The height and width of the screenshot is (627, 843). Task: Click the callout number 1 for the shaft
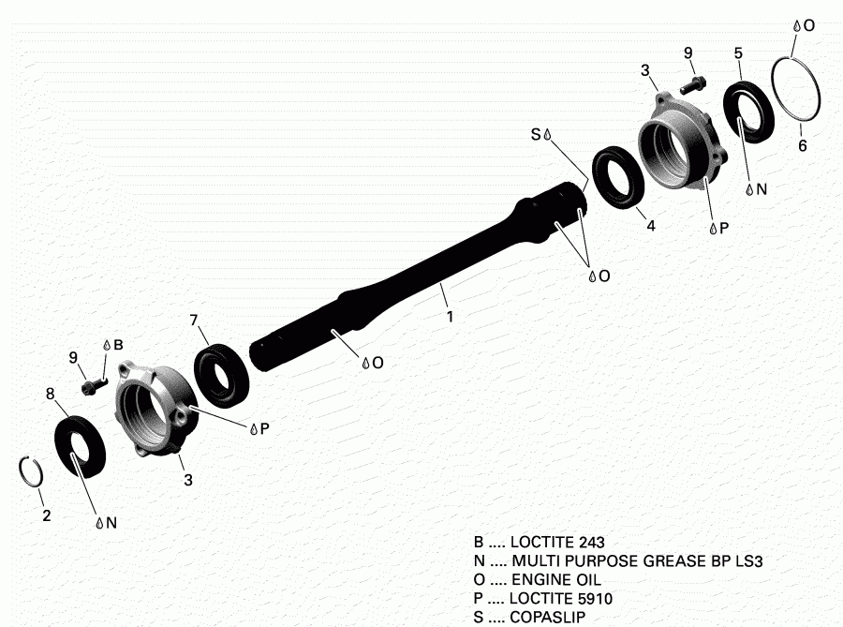[x=450, y=317]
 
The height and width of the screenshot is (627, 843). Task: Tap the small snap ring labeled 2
[x=28, y=472]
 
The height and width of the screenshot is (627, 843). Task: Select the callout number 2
[x=45, y=515]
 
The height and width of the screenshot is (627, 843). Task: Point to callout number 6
[x=802, y=146]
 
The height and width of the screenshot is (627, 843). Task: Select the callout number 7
[x=194, y=320]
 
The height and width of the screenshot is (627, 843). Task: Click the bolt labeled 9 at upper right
[x=691, y=83]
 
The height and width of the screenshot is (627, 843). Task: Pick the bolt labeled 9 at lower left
[x=93, y=383]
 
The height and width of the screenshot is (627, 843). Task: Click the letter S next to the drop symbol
[x=536, y=135]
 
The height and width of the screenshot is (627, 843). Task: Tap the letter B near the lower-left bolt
[x=118, y=345]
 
